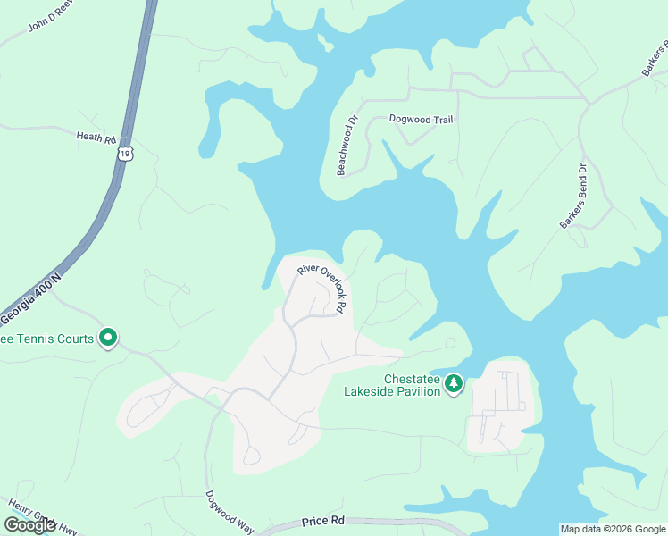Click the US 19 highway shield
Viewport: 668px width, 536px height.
pyautogui.click(x=125, y=155)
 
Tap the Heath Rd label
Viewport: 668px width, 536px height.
pyautogui.click(x=96, y=138)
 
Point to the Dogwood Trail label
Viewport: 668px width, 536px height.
pyautogui.click(x=422, y=119)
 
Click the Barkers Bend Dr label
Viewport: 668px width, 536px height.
pyautogui.click(x=575, y=196)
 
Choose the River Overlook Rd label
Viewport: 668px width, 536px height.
pyautogui.click(x=321, y=285)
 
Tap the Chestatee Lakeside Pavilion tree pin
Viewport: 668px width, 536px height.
pyautogui.click(x=455, y=383)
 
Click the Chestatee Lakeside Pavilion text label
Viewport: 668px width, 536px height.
pyautogui.click(x=393, y=385)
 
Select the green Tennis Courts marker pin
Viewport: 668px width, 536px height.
pyautogui.click(x=108, y=338)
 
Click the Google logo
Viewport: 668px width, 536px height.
pyautogui.click(x=29, y=525)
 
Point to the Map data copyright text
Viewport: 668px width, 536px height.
pyautogui.click(x=612, y=529)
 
